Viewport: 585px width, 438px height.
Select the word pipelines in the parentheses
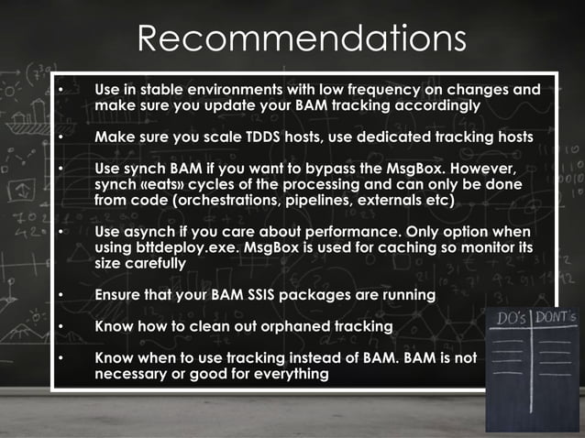318,200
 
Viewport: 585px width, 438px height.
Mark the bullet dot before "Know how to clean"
61,326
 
